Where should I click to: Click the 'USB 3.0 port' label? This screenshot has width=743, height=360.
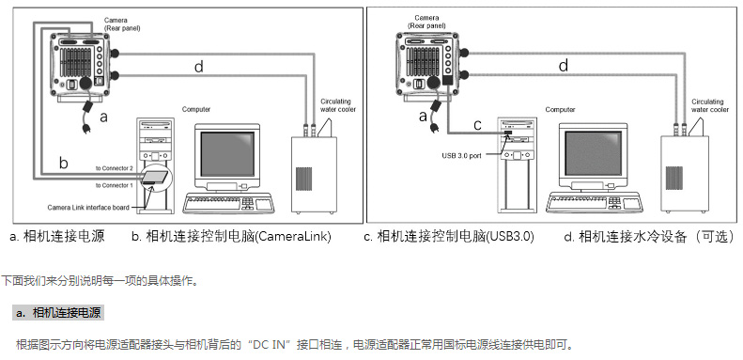click(x=461, y=156)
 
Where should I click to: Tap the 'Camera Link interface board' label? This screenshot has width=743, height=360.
click(x=88, y=208)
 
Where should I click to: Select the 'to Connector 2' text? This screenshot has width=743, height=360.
click(x=115, y=168)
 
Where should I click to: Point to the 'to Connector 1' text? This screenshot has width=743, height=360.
click(x=115, y=185)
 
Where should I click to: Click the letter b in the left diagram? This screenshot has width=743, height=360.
click(x=63, y=163)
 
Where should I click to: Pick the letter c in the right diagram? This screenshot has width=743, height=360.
click(x=477, y=125)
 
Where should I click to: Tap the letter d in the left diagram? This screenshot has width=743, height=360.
click(x=199, y=67)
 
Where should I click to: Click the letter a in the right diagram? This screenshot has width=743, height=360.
click(x=423, y=116)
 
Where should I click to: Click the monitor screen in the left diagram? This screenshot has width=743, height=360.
click(x=227, y=154)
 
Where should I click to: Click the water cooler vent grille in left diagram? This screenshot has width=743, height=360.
click(x=302, y=179)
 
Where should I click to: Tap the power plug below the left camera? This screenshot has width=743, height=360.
click(x=86, y=127)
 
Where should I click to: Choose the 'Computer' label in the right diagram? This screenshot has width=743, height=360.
click(x=559, y=110)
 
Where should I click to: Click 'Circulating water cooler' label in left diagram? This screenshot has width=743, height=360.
click(x=338, y=105)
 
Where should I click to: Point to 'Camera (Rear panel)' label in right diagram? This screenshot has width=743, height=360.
click(x=426, y=22)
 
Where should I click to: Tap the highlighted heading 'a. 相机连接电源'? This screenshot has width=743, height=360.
click(x=58, y=313)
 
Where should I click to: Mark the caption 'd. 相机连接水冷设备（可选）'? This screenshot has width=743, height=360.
click(x=649, y=237)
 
